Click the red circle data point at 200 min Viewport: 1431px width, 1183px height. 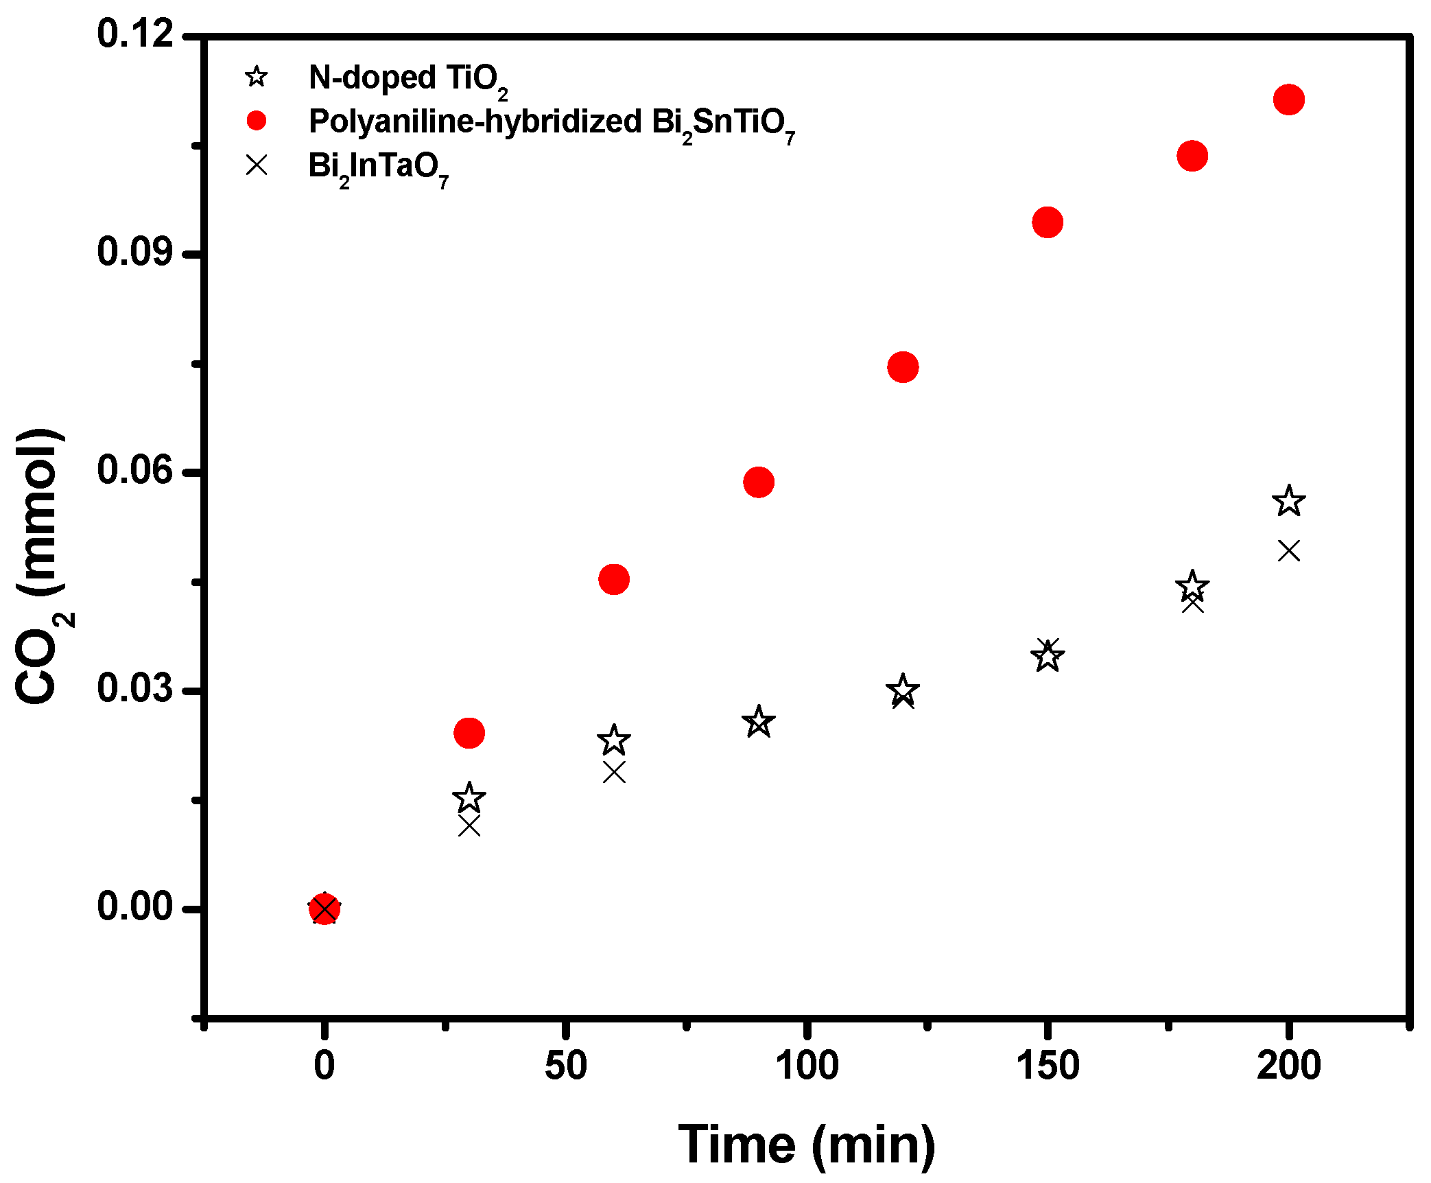[1288, 99]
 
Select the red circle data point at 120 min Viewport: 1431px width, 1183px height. [903, 367]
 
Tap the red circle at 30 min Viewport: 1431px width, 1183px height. [469, 733]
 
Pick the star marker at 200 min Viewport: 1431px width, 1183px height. [1288, 501]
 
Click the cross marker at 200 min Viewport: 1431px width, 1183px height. [1288, 550]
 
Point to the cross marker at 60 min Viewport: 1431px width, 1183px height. [614, 773]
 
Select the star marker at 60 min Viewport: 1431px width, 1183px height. [613, 740]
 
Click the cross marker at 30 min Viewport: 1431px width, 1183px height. [469, 825]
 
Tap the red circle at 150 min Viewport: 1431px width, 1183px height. [1048, 222]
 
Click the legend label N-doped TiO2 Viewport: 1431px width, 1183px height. [408, 79]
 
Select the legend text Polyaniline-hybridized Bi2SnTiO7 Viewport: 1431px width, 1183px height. [552, 124]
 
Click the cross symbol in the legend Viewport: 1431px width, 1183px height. [257, 165]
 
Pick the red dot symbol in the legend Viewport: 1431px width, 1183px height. [257, 121]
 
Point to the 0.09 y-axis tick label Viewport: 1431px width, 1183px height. [135, 252]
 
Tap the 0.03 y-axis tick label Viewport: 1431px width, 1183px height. [135, 688]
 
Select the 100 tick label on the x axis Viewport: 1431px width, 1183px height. [807, 1066]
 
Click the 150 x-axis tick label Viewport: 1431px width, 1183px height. [1048, 1066]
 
